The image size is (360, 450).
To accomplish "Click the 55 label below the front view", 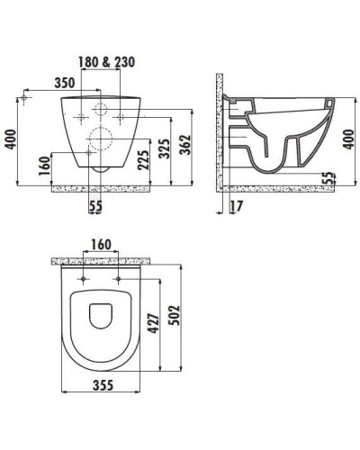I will pos(95,206).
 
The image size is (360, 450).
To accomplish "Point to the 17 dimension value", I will pos(237,206).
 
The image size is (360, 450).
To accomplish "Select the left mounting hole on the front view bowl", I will pos(81,117).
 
